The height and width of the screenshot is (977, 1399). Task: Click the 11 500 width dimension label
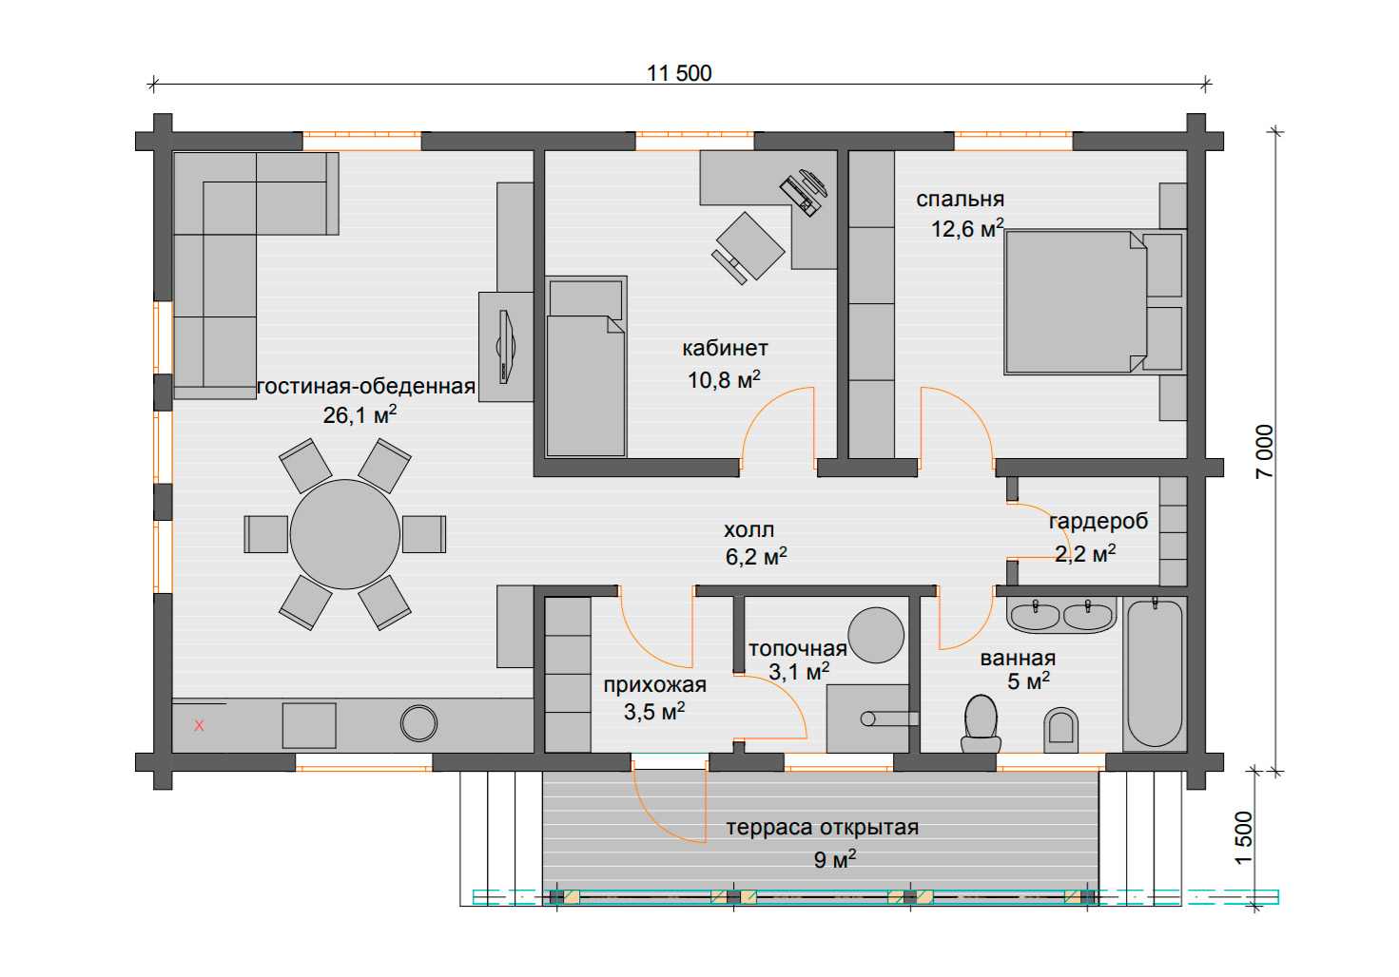point(679,74)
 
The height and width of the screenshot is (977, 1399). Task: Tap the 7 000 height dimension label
point(1264,452)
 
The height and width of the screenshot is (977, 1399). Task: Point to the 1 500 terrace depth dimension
point(1244,838)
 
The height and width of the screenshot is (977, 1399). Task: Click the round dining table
point(344,534)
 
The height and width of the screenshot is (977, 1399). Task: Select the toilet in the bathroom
point(981,724)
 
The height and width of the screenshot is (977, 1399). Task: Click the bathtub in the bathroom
point(1155,674)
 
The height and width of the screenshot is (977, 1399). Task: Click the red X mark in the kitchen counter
point(199,725)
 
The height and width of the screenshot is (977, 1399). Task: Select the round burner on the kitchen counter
point(418,723)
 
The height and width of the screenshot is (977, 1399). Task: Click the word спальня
point(960,200)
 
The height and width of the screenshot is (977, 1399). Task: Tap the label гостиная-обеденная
point(366,387)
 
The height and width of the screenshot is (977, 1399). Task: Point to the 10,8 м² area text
point(724,379)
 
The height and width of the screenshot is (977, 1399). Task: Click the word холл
point(748,530)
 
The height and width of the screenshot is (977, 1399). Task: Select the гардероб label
point(1098,521)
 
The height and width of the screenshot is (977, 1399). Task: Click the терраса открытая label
point(822,828)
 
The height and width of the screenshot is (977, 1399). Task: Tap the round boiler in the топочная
point(876,635)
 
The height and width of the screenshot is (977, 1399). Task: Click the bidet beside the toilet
point(1060,730)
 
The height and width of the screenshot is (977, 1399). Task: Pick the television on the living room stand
point(505,347)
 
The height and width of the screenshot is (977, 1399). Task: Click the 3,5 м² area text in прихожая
point(654,711)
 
